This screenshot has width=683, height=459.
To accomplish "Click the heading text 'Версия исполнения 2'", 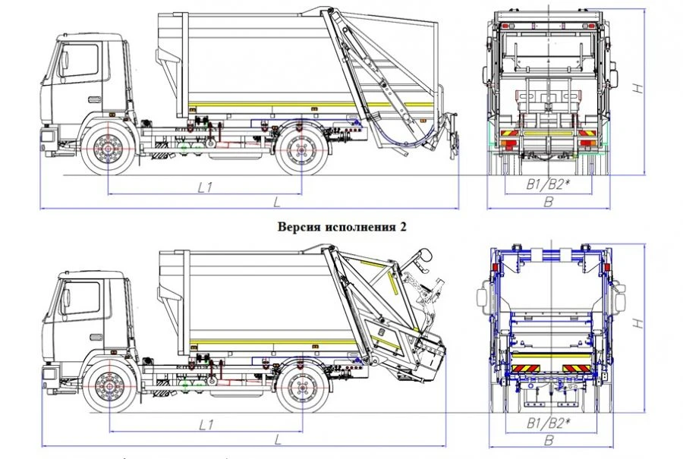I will tap(341, 227).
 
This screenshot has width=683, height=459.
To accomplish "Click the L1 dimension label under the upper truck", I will tap(204, 187).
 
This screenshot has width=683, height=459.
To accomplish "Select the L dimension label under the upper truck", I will tap(278, 201).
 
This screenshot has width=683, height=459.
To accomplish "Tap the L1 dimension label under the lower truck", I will tap(204, 423).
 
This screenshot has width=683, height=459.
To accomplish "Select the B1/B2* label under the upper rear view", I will tap(549, 184).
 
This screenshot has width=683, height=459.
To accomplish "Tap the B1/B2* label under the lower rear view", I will tap(549, 422).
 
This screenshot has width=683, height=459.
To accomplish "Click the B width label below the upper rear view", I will tap(549, 201).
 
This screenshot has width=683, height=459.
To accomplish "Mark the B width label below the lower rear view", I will tap(549, 439).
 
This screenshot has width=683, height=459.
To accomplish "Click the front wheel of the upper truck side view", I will tap(109, 149).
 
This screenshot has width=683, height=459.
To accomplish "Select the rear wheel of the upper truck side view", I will tap(301, 149).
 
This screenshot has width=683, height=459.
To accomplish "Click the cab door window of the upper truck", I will tap(80, 61).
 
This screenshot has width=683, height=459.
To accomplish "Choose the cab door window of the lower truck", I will tap(80, 298).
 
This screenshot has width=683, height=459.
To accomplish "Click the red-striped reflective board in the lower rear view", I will tap(549, 367).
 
